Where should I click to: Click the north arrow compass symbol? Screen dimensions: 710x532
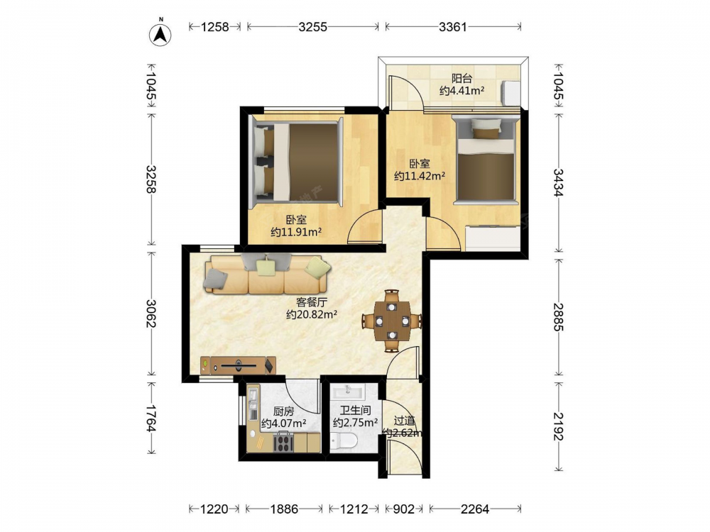click(x=160, y=34)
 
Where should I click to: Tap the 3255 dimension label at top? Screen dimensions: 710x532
click(x=312, y=27)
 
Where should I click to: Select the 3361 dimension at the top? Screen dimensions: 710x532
click(x=452, y=27)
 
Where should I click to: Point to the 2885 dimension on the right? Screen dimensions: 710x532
click(x=558, y=317)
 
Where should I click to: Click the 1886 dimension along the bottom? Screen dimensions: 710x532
click(x=284, y=509)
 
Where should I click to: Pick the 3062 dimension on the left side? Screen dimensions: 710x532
click(x=151, y=314)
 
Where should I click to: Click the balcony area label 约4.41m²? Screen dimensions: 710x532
click(x=462, y=91)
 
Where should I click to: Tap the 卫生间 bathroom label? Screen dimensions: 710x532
click(x=356, y=411)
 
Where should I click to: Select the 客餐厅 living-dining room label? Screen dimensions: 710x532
click(x=312, y=301)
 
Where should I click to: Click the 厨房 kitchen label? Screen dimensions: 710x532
click(x=283, y=411)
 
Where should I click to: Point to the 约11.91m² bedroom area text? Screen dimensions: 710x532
click(x=296, y=232)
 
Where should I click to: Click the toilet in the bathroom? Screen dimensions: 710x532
click(x=343, y=440)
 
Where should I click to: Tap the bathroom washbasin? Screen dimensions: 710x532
click(x=348, y=390)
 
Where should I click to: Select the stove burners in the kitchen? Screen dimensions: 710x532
click(x=283, y=442)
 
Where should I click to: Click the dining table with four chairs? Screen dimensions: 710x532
click(x=392, y=321)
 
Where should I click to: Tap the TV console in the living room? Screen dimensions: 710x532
click(x=238, y=365)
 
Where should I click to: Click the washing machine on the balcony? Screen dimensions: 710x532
click(x=511, y=93)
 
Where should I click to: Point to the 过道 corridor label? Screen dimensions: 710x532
click(x=404, y=421)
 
